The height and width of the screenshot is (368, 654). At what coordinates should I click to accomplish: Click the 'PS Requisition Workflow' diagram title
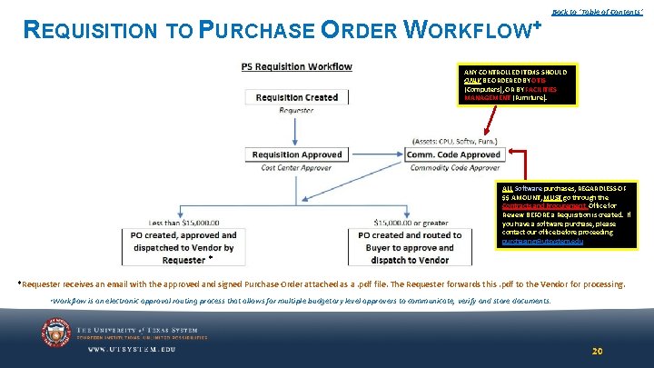(x=296, y=66)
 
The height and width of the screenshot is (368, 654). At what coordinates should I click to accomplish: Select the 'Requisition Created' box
(x=296, y=97)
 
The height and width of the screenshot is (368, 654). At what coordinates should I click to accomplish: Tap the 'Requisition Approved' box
(x=296, y=154)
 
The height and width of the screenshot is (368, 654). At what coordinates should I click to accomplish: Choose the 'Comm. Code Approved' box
(x=454, y=154)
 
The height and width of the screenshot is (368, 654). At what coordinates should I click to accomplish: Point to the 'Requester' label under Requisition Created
(x=296, y=110)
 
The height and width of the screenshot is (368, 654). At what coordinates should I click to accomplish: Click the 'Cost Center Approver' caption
(x=296, y=167)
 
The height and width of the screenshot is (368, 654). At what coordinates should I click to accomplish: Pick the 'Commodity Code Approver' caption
(x=454, y=167)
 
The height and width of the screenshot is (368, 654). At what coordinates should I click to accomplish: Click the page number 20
(x=597, y=351)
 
